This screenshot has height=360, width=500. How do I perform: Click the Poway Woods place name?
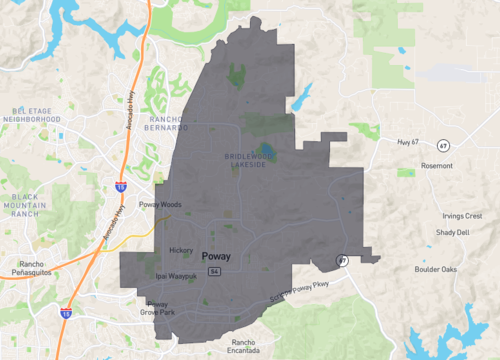point(158,203)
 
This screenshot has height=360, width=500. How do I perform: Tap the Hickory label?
point(181,250)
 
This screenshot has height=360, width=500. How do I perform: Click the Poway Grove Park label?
point(160,308)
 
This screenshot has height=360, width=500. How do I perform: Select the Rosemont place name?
point(436,165)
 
